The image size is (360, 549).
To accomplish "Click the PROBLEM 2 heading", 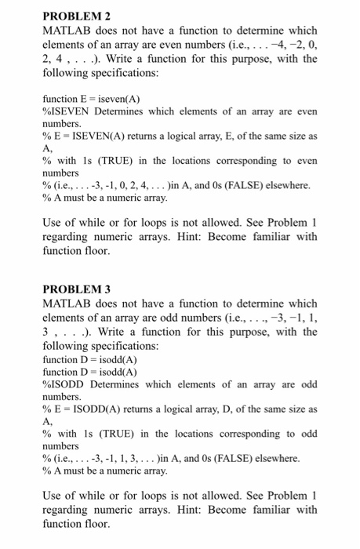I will (76, 16).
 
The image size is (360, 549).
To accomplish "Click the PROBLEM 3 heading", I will (76, 289).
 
